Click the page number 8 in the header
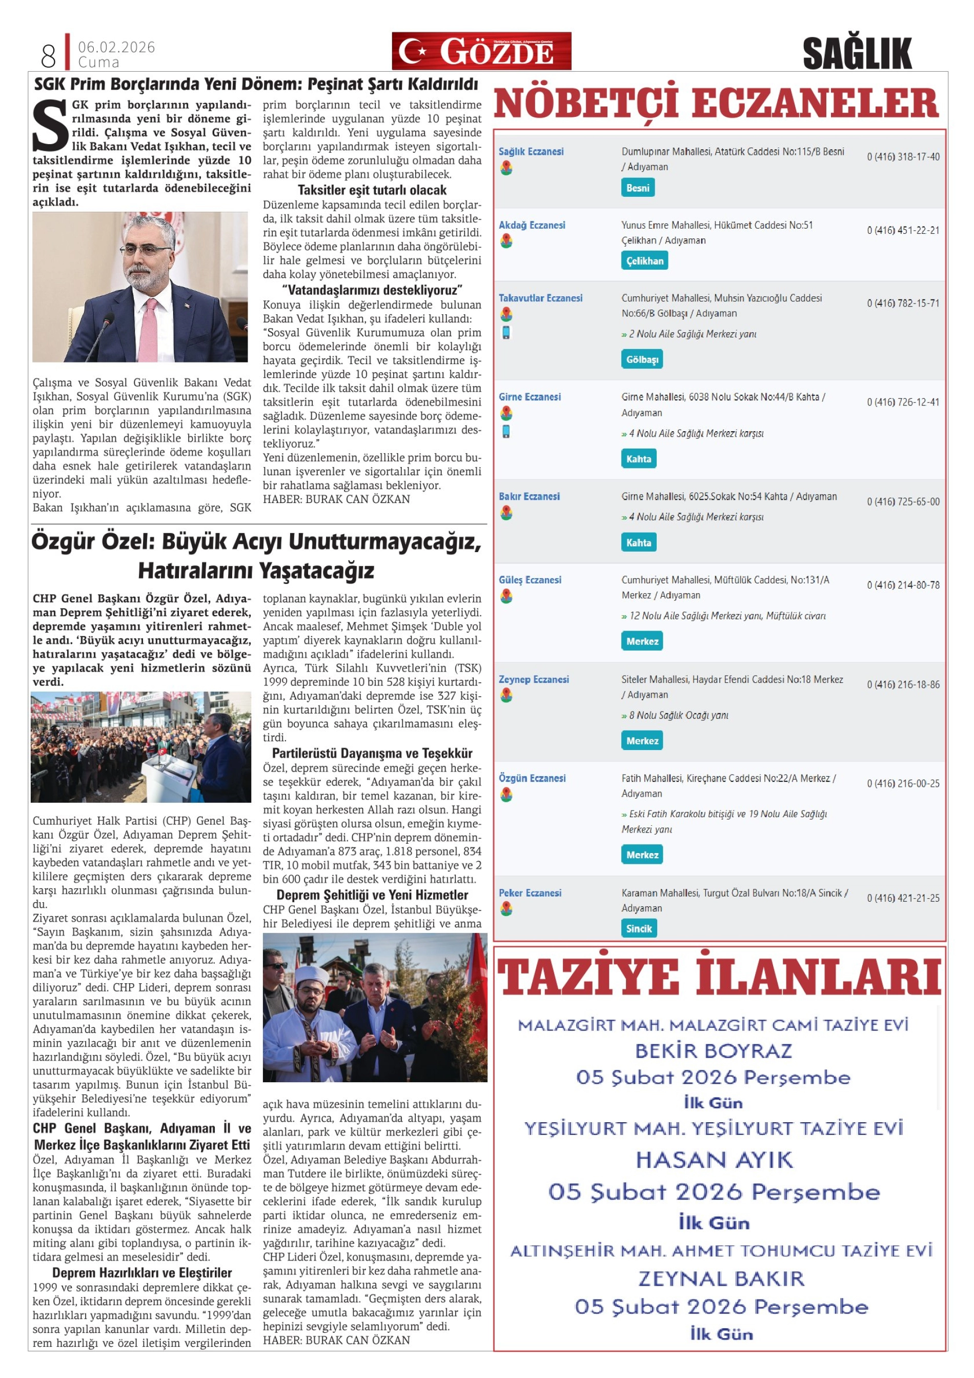click(48, 56)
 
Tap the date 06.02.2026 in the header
click(116, 47)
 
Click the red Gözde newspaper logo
click(481, 51)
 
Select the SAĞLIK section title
click(857, 53)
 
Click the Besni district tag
click(637, 188)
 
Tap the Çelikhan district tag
click(644, 260)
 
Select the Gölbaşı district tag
click(641, 359)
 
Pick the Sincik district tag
click(639, 928)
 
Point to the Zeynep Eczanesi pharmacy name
click(534, 679)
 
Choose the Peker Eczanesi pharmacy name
click(530, 893)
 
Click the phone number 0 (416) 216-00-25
click(903, 784)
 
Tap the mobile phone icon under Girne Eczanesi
click(506, 432)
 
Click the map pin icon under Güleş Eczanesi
click(506, 596)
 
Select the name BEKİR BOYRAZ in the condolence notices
click(714, 1050)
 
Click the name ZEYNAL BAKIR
click(721, 1279)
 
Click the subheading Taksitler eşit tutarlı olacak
click(372, 190)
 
